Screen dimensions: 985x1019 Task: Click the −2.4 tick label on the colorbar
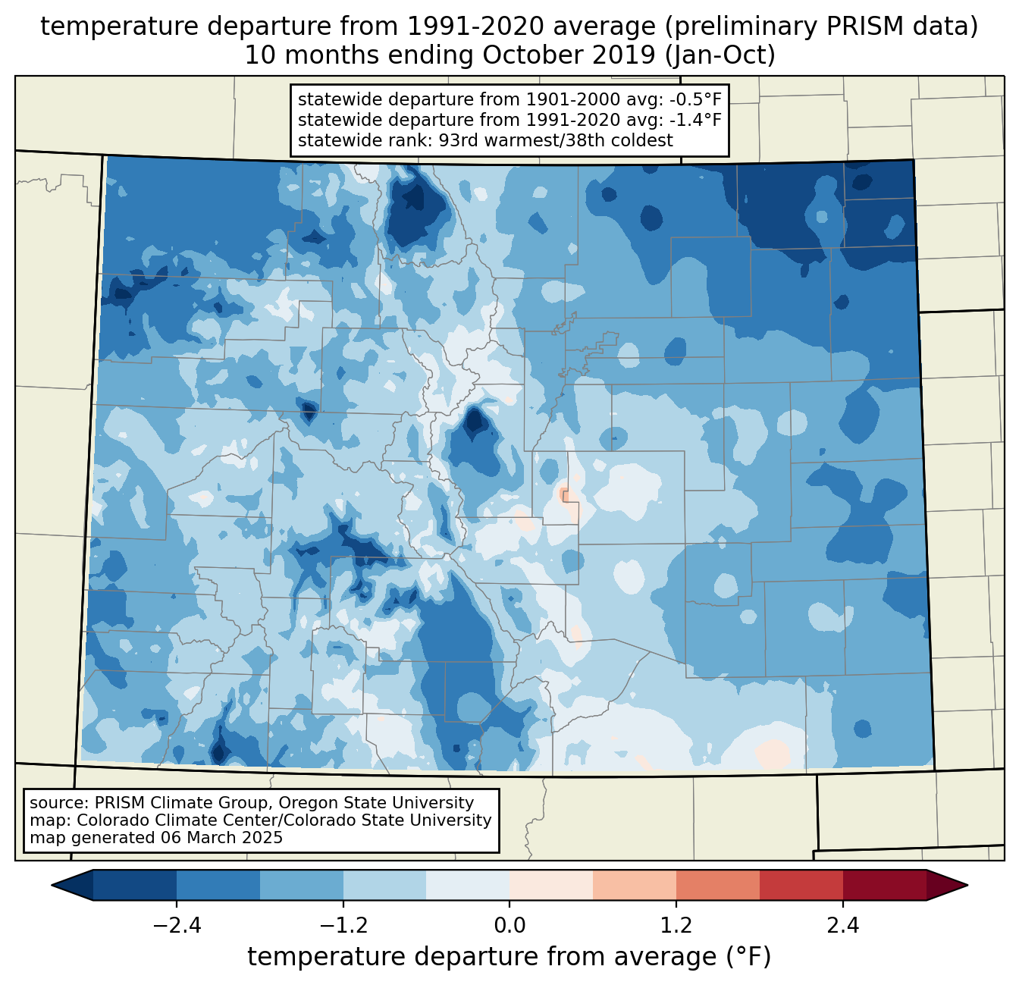coord(177,926)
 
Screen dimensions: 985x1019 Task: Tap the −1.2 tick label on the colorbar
coord(343,926)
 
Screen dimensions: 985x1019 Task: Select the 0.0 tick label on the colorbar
coord(509,926)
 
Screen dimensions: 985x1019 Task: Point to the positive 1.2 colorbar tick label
coord(676,926)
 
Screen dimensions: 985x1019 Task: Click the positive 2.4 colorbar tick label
coord(842,926)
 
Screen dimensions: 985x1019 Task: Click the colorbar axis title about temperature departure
coord(509,957)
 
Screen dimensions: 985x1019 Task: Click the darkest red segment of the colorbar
coord(884,885)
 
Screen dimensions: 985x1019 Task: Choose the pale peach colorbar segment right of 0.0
coord(551,885)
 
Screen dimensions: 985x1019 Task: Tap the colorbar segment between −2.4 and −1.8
coord(218,885)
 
